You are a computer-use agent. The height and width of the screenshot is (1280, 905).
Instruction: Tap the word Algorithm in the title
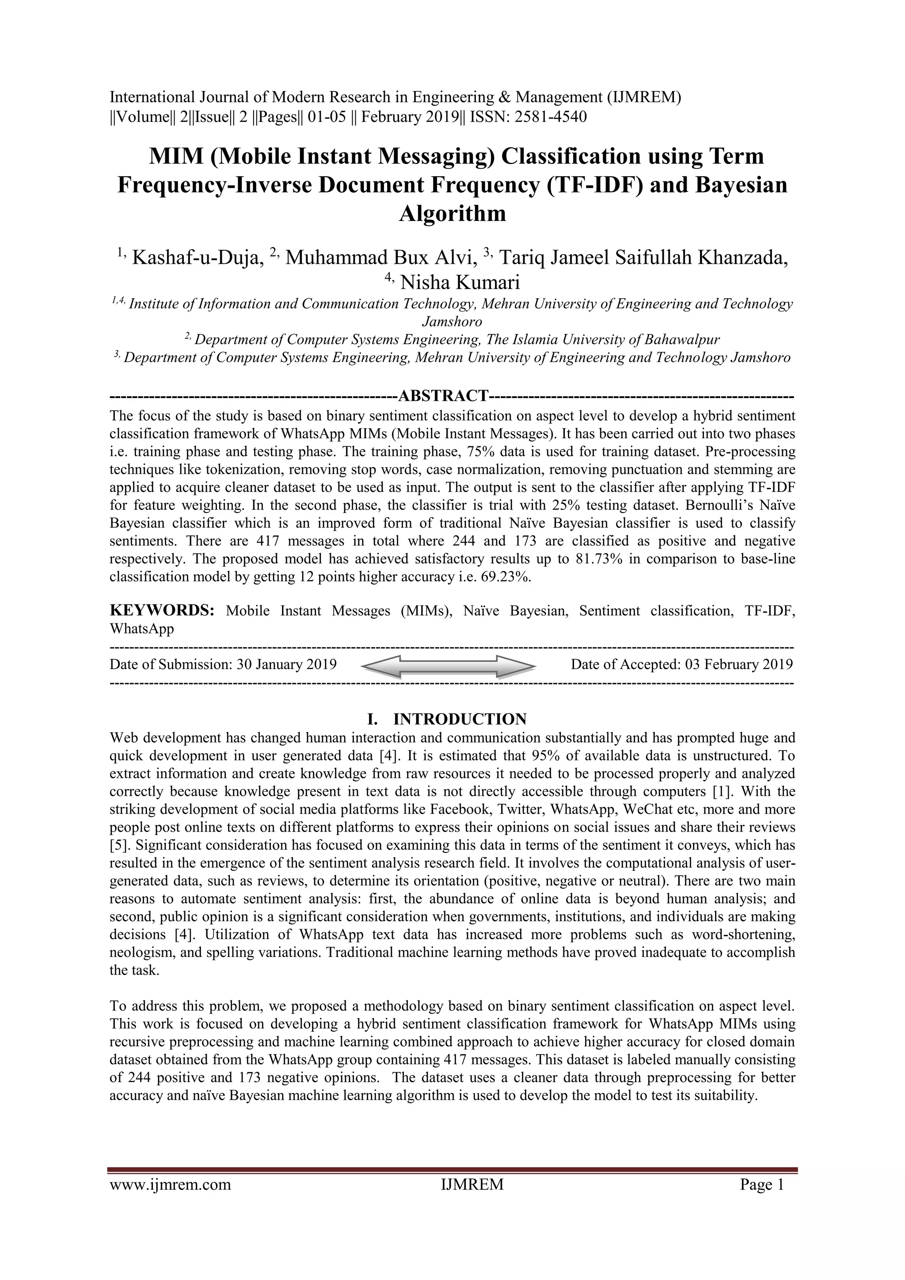click(x=452, y=213)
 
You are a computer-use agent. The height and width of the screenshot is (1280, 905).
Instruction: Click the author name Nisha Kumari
click(x=460, y=283)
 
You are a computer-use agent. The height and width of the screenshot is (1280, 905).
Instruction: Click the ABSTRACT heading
click(x=443, y=396)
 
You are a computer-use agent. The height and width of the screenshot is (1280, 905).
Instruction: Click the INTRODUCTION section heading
click(x=468, y=719)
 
